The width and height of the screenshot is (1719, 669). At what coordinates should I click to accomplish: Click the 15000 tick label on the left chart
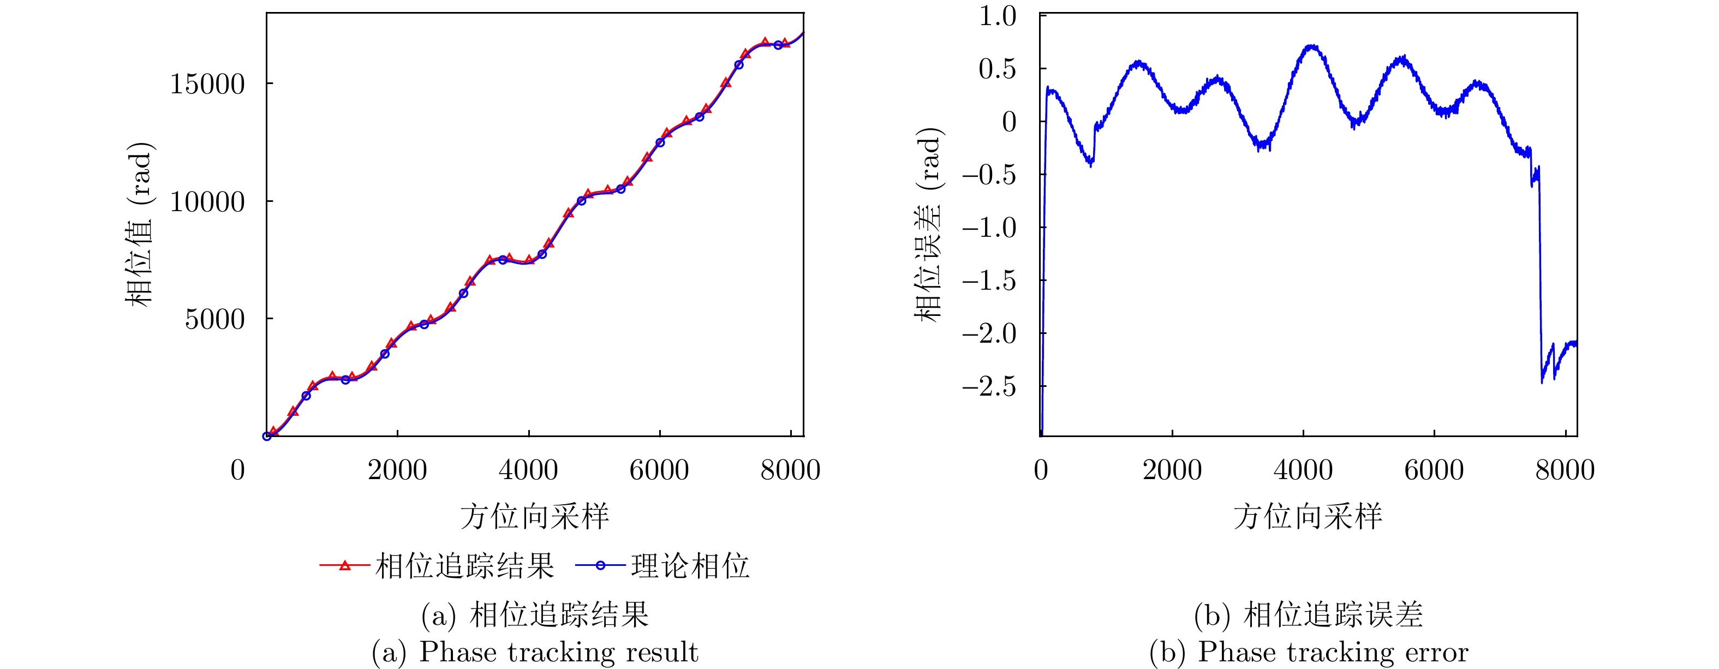[207, 85]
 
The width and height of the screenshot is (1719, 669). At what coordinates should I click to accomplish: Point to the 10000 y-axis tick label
[207, 202]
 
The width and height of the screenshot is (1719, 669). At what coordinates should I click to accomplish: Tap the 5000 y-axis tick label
[215, 319]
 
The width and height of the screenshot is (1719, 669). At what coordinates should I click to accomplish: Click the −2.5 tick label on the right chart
[989, 387]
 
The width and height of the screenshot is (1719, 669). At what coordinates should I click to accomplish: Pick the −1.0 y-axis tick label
[989, 228]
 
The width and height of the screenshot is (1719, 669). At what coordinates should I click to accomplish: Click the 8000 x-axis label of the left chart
[790, 470]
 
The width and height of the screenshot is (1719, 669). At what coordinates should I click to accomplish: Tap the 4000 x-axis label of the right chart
[1303, 470]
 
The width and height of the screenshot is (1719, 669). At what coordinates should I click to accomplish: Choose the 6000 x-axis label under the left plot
[659, 470]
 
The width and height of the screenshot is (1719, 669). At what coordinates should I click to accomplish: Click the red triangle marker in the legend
[345, 566]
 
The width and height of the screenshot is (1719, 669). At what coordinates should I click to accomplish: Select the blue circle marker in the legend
[600, 566]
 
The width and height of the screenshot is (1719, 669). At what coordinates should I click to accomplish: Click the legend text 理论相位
[690, 566]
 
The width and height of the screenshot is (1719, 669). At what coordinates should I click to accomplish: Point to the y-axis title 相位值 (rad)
[140, 224]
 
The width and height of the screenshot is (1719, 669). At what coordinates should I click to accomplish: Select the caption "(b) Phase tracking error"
[1309, 652]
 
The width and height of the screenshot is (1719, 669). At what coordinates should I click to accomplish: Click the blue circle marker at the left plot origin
[267, 436]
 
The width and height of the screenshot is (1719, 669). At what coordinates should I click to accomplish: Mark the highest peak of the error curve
[1312, 46]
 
